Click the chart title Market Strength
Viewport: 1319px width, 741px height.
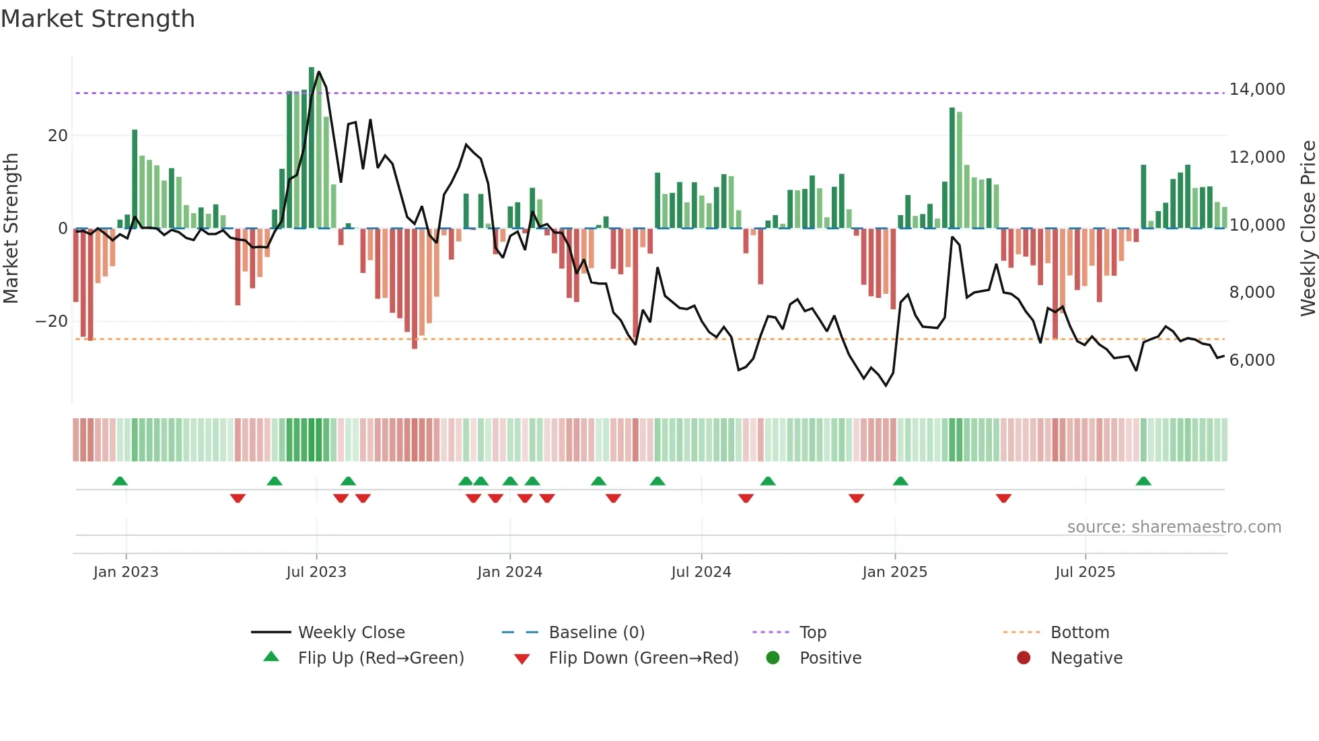[98, 19]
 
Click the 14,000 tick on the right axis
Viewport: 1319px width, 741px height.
[1256, 89]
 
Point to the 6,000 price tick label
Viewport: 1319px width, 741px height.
[1252, 360]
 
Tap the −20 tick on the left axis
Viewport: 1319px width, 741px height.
[52, 321]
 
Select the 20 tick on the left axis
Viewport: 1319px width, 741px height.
[58, 136]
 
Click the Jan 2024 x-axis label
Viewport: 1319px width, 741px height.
[509, 572]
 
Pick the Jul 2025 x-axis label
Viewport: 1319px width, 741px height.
[1085, 572]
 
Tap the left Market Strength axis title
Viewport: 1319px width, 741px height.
[11, 229]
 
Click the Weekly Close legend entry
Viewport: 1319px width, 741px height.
[351, 633]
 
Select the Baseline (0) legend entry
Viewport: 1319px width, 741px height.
[596, 633]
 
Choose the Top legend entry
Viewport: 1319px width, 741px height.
[812, 633]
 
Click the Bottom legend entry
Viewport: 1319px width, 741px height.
[1079, 633]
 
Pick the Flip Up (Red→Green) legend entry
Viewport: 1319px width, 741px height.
[381, 658]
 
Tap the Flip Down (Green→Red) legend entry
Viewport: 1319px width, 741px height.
[643, 658]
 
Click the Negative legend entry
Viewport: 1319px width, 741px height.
[1086, 658]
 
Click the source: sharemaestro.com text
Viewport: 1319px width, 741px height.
[1174, 527]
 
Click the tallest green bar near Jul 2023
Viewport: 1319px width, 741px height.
[312, 148]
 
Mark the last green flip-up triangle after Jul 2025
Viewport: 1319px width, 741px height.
[1143, 481]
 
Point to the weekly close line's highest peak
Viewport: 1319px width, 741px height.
[318, 72]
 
